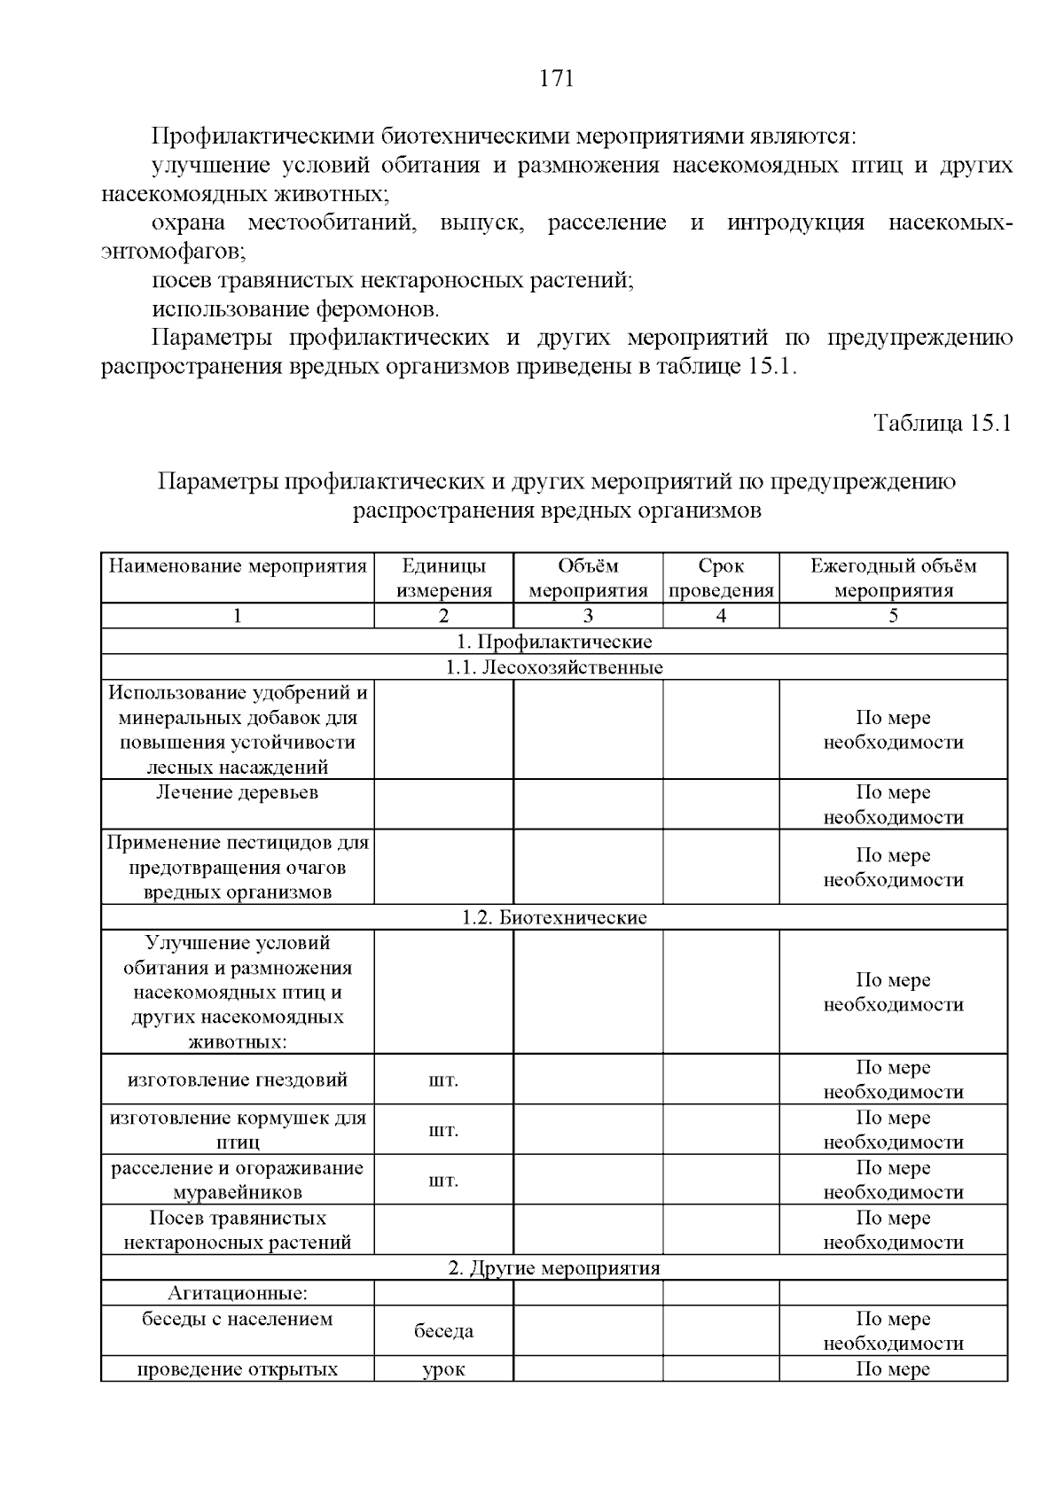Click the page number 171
click(x=557, y=79)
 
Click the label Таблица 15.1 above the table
click(x=942, y=423)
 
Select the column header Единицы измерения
click(x=443, y=578)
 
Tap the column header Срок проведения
click(x=721, y=578)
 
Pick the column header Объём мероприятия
click(x=588, y=578)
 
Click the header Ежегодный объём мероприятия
click(x=893, y=578)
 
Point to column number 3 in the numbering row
click(x=588, y=616)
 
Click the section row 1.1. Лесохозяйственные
click(x=554, y=667)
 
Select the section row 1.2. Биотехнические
click(x=554, y=917)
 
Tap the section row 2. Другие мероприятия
click(x=554, y=1267)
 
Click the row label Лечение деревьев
click(x=238, y=792)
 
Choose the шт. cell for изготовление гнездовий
click(x=443, y=1079)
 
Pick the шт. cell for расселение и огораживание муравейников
click(x=443, y=1180)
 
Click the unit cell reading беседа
click(x=443, y=1330)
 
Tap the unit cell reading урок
click(x=443, y=1369)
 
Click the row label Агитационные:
click(x=238, y=1293)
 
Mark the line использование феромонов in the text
click(x=296, y=309)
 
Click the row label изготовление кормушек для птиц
click(x=238, y=1130)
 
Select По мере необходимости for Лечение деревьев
click(x=893, y=805)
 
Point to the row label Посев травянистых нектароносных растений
click(x=238, y=1230)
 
